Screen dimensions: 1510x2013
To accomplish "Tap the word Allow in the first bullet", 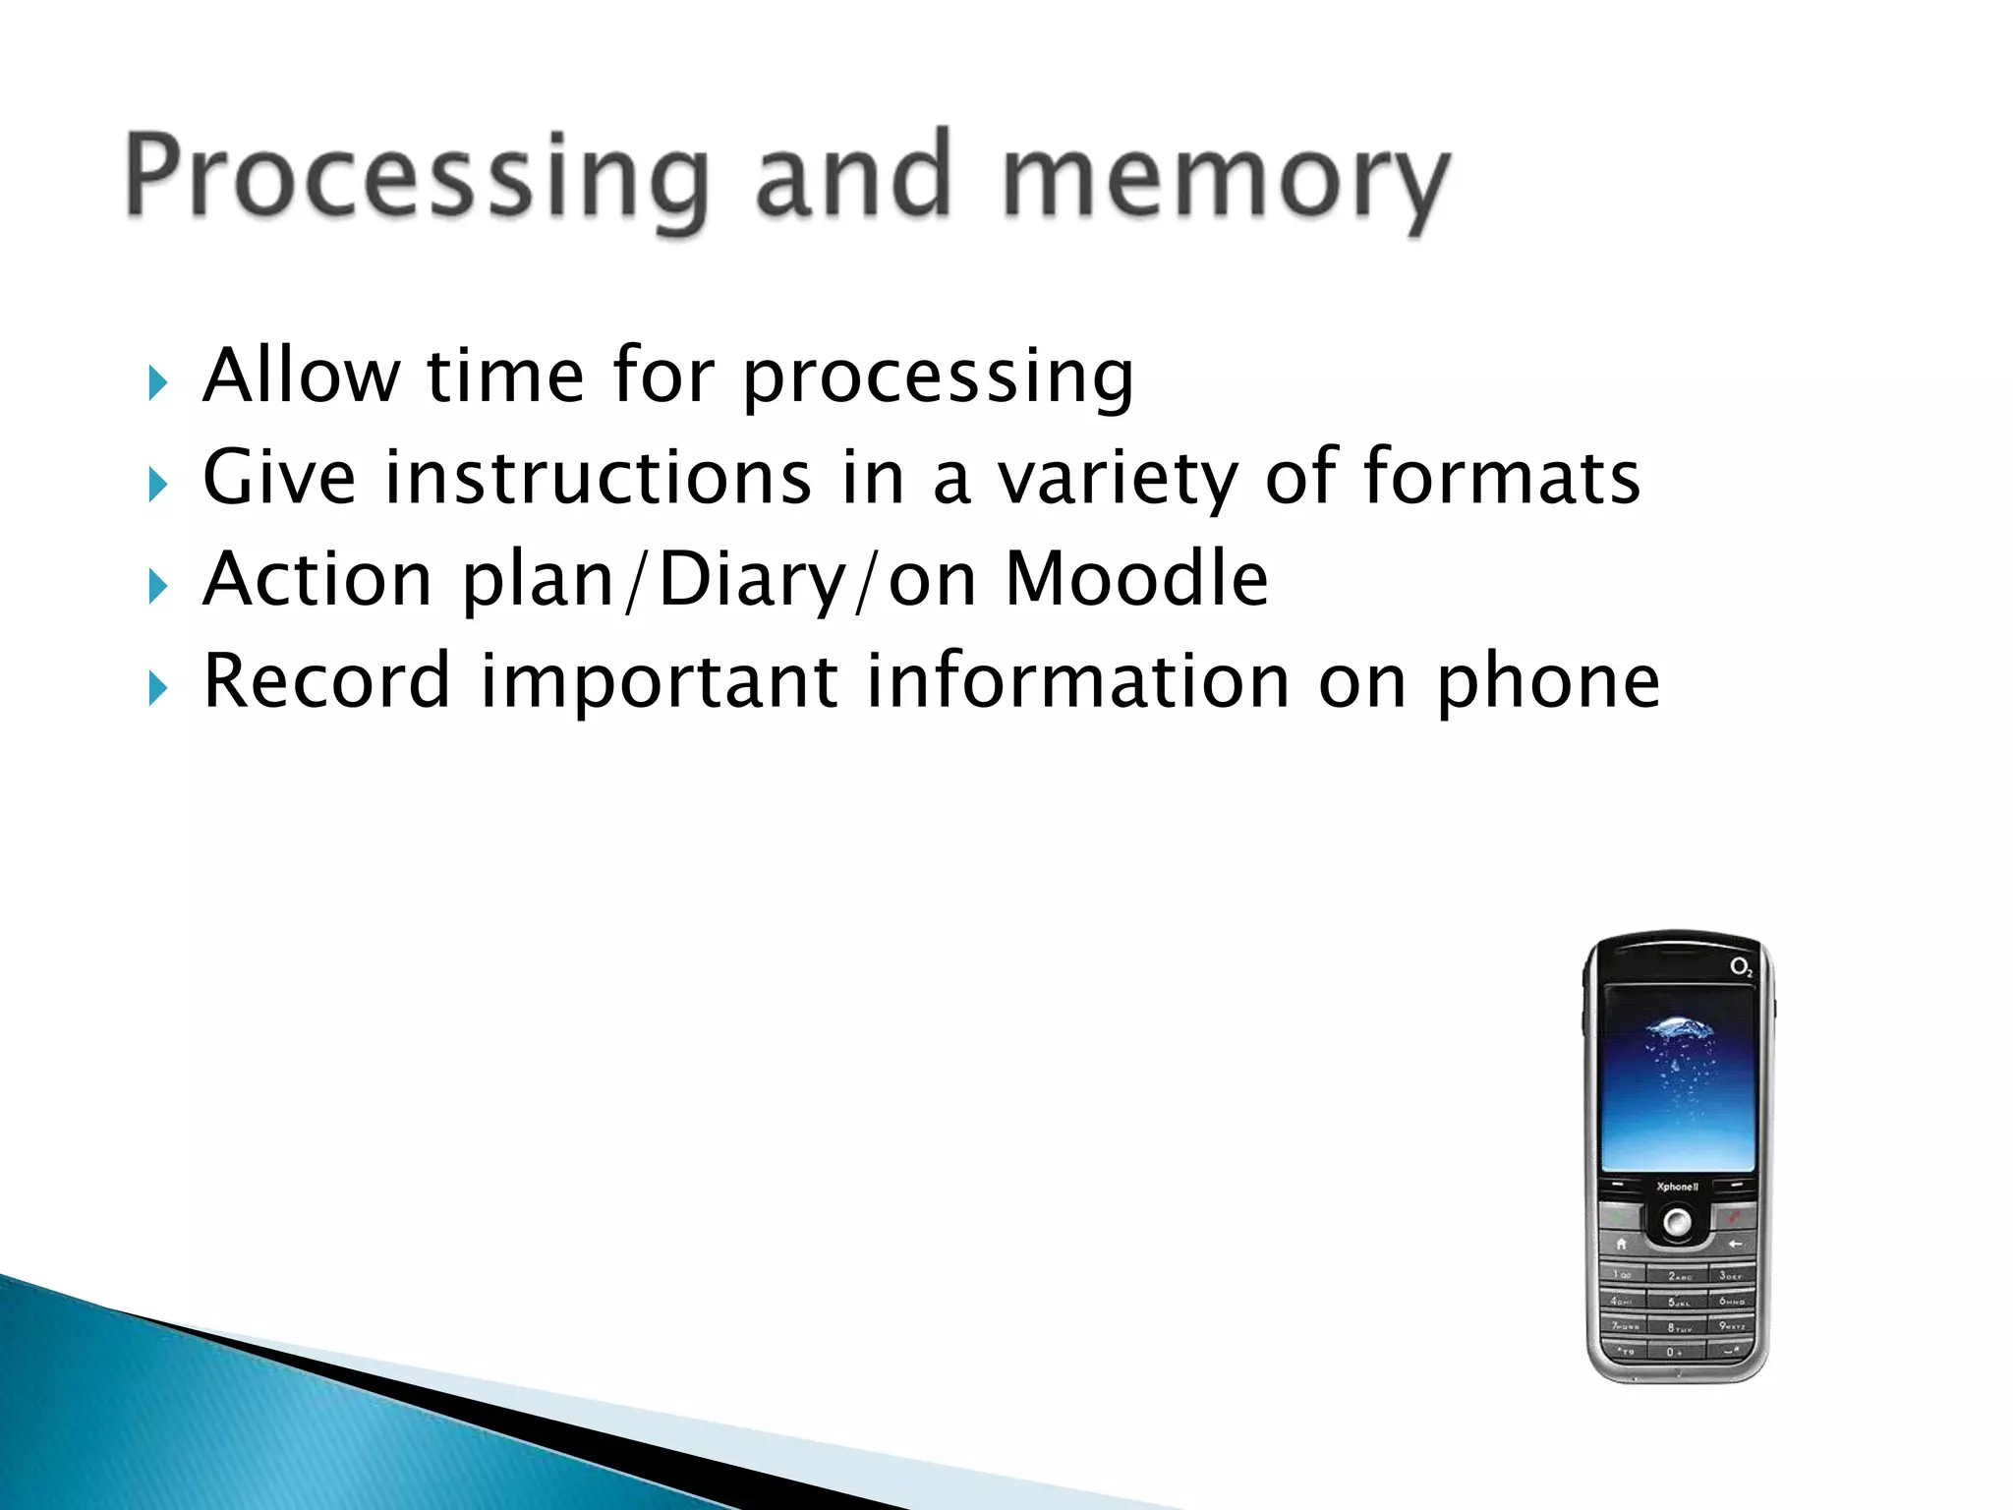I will click(301, 376).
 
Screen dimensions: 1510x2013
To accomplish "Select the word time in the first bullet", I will click(505, 376).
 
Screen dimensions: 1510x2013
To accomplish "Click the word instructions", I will click(598, 478).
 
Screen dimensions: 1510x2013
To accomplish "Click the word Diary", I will click(752, 580).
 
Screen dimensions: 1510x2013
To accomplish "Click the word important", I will click(659, 682).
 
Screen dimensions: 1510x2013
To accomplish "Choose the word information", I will click(1077, 680).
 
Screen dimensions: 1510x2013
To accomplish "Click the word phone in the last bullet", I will click(1548, 682).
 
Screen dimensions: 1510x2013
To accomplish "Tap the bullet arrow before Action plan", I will click(157, 587).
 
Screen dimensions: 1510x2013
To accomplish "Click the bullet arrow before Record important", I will click(157, 689).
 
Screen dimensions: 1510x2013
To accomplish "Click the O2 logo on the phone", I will click(1741, 968).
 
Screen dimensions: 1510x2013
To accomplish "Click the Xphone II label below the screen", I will click(1677, 1187).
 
